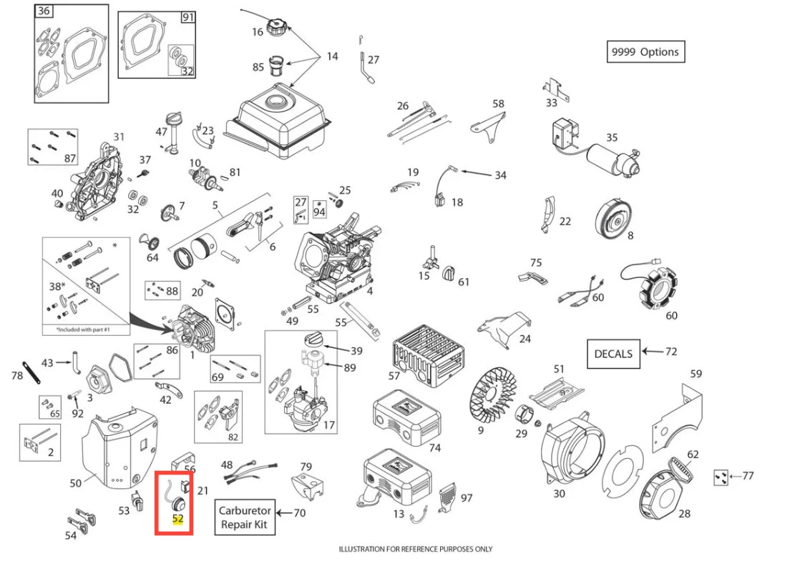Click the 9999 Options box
[645, 52]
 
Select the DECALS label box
[613, 354]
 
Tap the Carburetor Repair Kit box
[245, 517]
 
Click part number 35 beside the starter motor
[611, 137]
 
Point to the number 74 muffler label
[434, 448]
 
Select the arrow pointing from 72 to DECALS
[651, 352]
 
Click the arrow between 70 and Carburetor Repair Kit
[285, 512]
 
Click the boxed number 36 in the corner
[44, 11]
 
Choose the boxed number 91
[187, 18]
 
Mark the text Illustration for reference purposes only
[415, 549]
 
